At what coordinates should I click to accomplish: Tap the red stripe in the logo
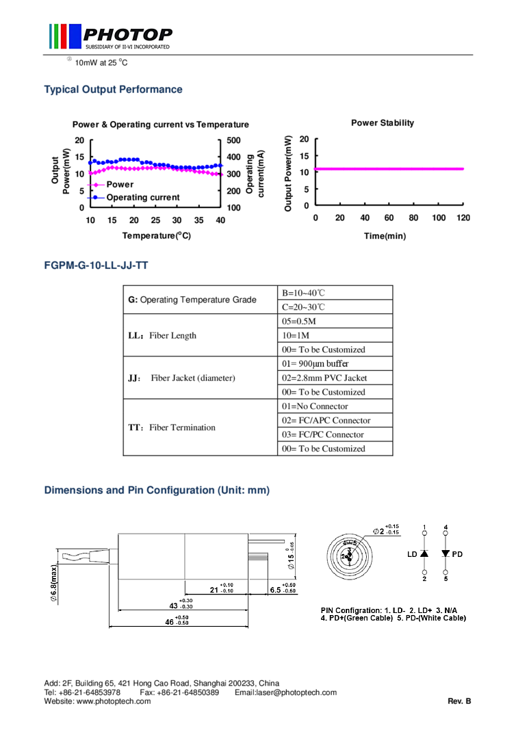click(64, 36)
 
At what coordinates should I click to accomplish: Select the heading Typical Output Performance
click(113, 90)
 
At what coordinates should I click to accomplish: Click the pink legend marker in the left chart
click(96, 185)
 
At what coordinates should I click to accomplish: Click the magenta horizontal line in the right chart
click(389, 168)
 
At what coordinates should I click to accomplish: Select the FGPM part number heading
click(96, 265)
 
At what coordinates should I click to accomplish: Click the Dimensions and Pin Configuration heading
click(157, 491)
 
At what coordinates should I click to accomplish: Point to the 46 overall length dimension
click(169, 623)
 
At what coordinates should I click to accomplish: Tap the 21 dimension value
click(214, 590)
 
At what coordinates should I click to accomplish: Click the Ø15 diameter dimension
click(291, 558)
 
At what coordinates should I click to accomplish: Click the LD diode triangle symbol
click(424, 553)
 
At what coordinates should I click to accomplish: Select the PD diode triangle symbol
click(446, 553)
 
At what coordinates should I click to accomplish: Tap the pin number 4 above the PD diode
click(446, 527)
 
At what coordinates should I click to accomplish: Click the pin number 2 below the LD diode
click(424, 579)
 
